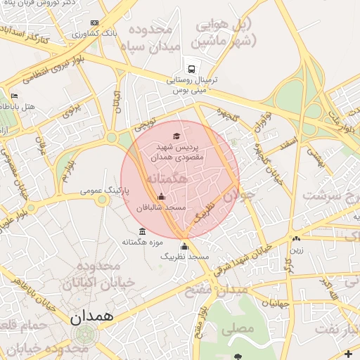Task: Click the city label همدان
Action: (91, 316)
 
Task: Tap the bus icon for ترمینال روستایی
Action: (191, 68)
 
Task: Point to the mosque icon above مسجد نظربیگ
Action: (184, 246)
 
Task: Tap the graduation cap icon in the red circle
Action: (176, 136)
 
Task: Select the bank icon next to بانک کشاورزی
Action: (76, 33)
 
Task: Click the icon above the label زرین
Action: (297, 239)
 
